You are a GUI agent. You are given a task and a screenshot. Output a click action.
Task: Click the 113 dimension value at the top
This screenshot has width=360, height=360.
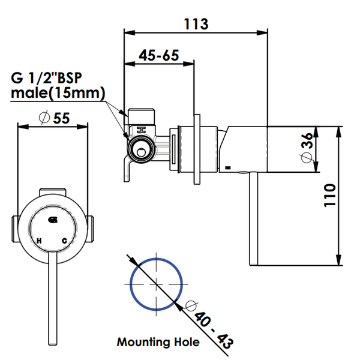pyautogui.click(x=196, y=24)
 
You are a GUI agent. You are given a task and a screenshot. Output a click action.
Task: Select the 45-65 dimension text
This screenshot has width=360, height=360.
pyautogui.click(x=159, y=55)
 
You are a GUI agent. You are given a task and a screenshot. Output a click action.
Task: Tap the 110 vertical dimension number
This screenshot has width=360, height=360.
pyautogui.click(x=329, y=195)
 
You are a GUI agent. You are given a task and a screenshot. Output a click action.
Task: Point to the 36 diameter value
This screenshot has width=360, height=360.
pyautogui.click(x=307, y=141)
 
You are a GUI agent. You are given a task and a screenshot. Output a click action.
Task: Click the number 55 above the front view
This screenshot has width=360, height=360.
pyautogui.click(x=61, y=118)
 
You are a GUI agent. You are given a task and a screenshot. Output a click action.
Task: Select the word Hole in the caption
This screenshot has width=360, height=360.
pyautogui.click(x=187, y=342)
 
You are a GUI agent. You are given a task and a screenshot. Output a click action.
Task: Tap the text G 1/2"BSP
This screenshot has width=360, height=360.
pyautogui.click(x=46, y=78)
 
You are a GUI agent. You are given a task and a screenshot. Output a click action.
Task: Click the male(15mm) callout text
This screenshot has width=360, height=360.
pyautogui.click(x=58, y=93)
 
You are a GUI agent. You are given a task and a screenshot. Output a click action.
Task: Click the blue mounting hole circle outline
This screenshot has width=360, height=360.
pyautogui.click(x=157, y=258)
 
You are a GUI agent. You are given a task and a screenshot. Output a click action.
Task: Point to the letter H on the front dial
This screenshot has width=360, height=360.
pyautogui.click(x=39, y=241)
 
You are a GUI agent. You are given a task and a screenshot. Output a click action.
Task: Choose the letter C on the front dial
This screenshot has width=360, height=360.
pyautogui.click(x=65, y=241)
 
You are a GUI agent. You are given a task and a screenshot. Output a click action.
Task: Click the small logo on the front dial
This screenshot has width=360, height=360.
pyautogui.click(x=53, y=220)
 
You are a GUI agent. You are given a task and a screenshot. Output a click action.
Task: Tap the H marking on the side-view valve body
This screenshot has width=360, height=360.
pyautogui.click(x=141, y=130)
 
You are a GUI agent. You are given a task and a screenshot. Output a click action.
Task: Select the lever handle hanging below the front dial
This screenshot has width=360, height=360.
pyautogui.click(x=53, y=298)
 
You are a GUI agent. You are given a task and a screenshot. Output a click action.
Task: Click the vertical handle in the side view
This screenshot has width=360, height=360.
pyautogui.click(x=253, y=219)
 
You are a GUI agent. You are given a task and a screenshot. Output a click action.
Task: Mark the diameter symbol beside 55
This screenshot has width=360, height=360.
pyautogui.click(x=44, y=118)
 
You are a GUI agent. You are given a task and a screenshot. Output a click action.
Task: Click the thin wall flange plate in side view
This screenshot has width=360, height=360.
pyautogui.click(x=197, y=149)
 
